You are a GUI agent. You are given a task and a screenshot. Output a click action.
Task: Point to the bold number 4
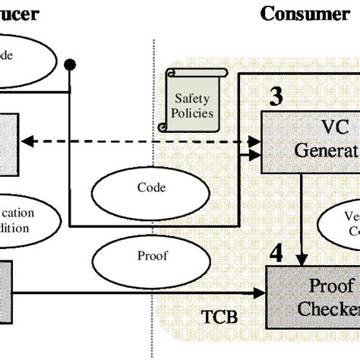[277, 252]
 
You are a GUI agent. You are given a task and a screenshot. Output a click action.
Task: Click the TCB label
[220, 316]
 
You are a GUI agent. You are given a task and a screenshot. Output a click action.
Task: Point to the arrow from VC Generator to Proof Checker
[303, 220]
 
